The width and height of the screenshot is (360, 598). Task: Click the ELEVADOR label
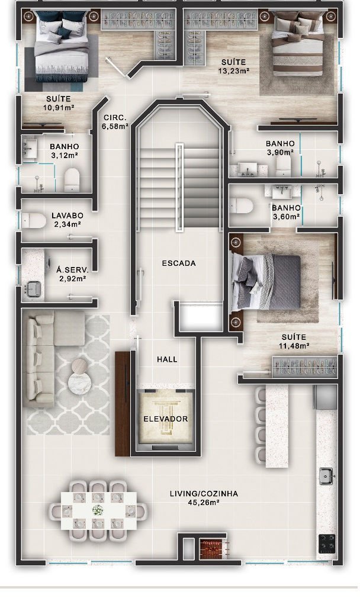click(x=166, y=419)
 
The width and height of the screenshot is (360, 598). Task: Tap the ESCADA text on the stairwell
click(x=179, y=263)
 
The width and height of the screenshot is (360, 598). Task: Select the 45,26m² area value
click(x=204, y=502)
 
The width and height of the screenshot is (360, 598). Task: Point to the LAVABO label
click(x=67, y=216)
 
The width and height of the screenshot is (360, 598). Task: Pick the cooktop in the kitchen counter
click(x=327, y=544)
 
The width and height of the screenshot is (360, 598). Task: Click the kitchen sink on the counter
click(x=326, y=475)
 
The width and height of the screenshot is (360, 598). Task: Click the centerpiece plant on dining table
click(x=98, y=509)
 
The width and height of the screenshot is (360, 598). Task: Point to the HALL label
click(x=167, y=359)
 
